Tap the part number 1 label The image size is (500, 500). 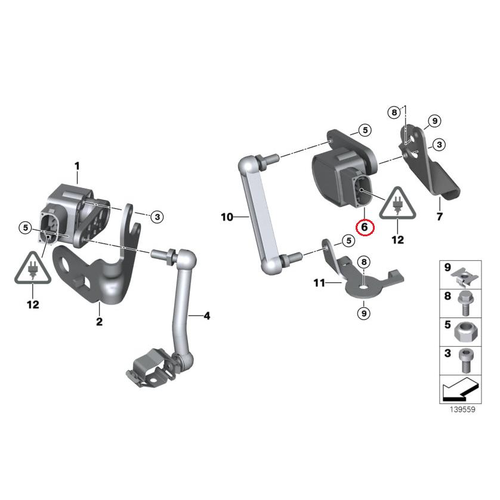76,165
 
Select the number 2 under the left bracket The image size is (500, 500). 99,322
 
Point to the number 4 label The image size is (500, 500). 206,316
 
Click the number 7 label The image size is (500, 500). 440,217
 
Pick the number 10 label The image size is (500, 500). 227,217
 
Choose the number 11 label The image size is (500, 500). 320,283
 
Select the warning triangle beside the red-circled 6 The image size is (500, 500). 397,203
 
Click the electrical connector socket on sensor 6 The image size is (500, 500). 360,192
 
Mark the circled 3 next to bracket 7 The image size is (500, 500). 455,144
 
